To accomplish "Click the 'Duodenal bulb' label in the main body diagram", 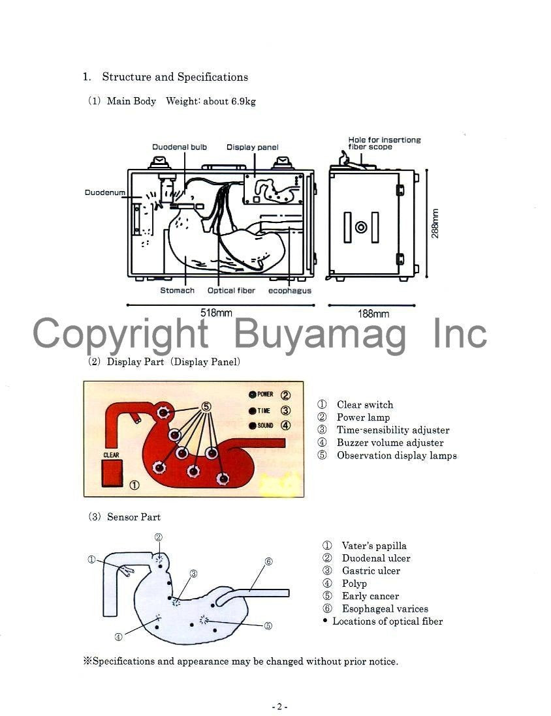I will (x=180, y=147).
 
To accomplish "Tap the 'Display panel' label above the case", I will (x=252, y=147).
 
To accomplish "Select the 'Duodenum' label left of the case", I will (x=104, y=192).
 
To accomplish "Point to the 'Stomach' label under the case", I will (x=177, y=290).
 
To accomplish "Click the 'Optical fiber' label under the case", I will (x=231, y=290).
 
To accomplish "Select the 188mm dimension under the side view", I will (x=373, y=314).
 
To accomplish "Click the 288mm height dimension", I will (x=435, y=223).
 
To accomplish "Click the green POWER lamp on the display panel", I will (x=252, y=395).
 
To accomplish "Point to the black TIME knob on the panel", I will (x=252, y=411).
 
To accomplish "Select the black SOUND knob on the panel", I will (x=252, y=426).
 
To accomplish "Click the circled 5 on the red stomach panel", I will (x=206, y=406).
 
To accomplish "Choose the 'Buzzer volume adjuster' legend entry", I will (x=389, y=443).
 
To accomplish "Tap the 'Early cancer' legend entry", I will (x=370, y=596).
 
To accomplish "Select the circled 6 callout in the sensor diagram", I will (x=268, y=561).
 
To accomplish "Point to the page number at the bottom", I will (x=279, y=706).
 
